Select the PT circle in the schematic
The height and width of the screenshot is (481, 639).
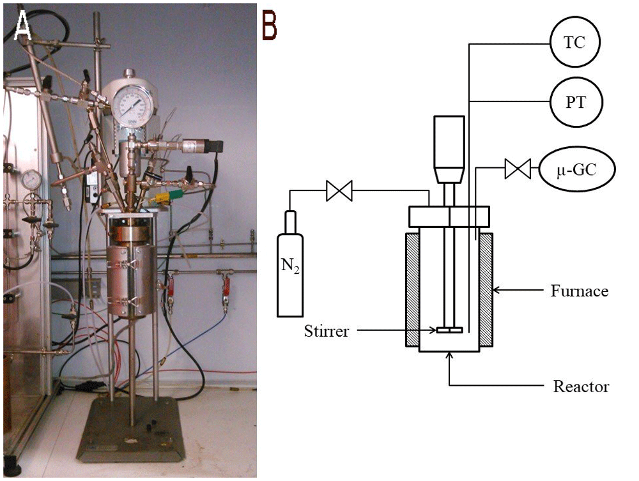pos(576,102)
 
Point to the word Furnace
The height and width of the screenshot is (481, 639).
pos(580,291)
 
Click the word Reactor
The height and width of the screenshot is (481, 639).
pos(581,386)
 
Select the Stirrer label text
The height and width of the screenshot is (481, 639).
pos(327,331)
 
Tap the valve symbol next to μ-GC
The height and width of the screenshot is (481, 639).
pos(518,169)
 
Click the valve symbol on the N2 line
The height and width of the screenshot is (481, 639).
pos(339,191)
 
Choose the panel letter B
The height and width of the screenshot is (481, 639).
pos(270,26)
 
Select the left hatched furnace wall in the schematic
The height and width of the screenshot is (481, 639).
pos(412,289)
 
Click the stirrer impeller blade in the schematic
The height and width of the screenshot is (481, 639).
pos(449,330)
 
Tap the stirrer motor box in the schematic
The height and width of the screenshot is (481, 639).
pos(449,149)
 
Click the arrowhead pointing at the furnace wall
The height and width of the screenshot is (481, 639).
pos(497,291)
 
